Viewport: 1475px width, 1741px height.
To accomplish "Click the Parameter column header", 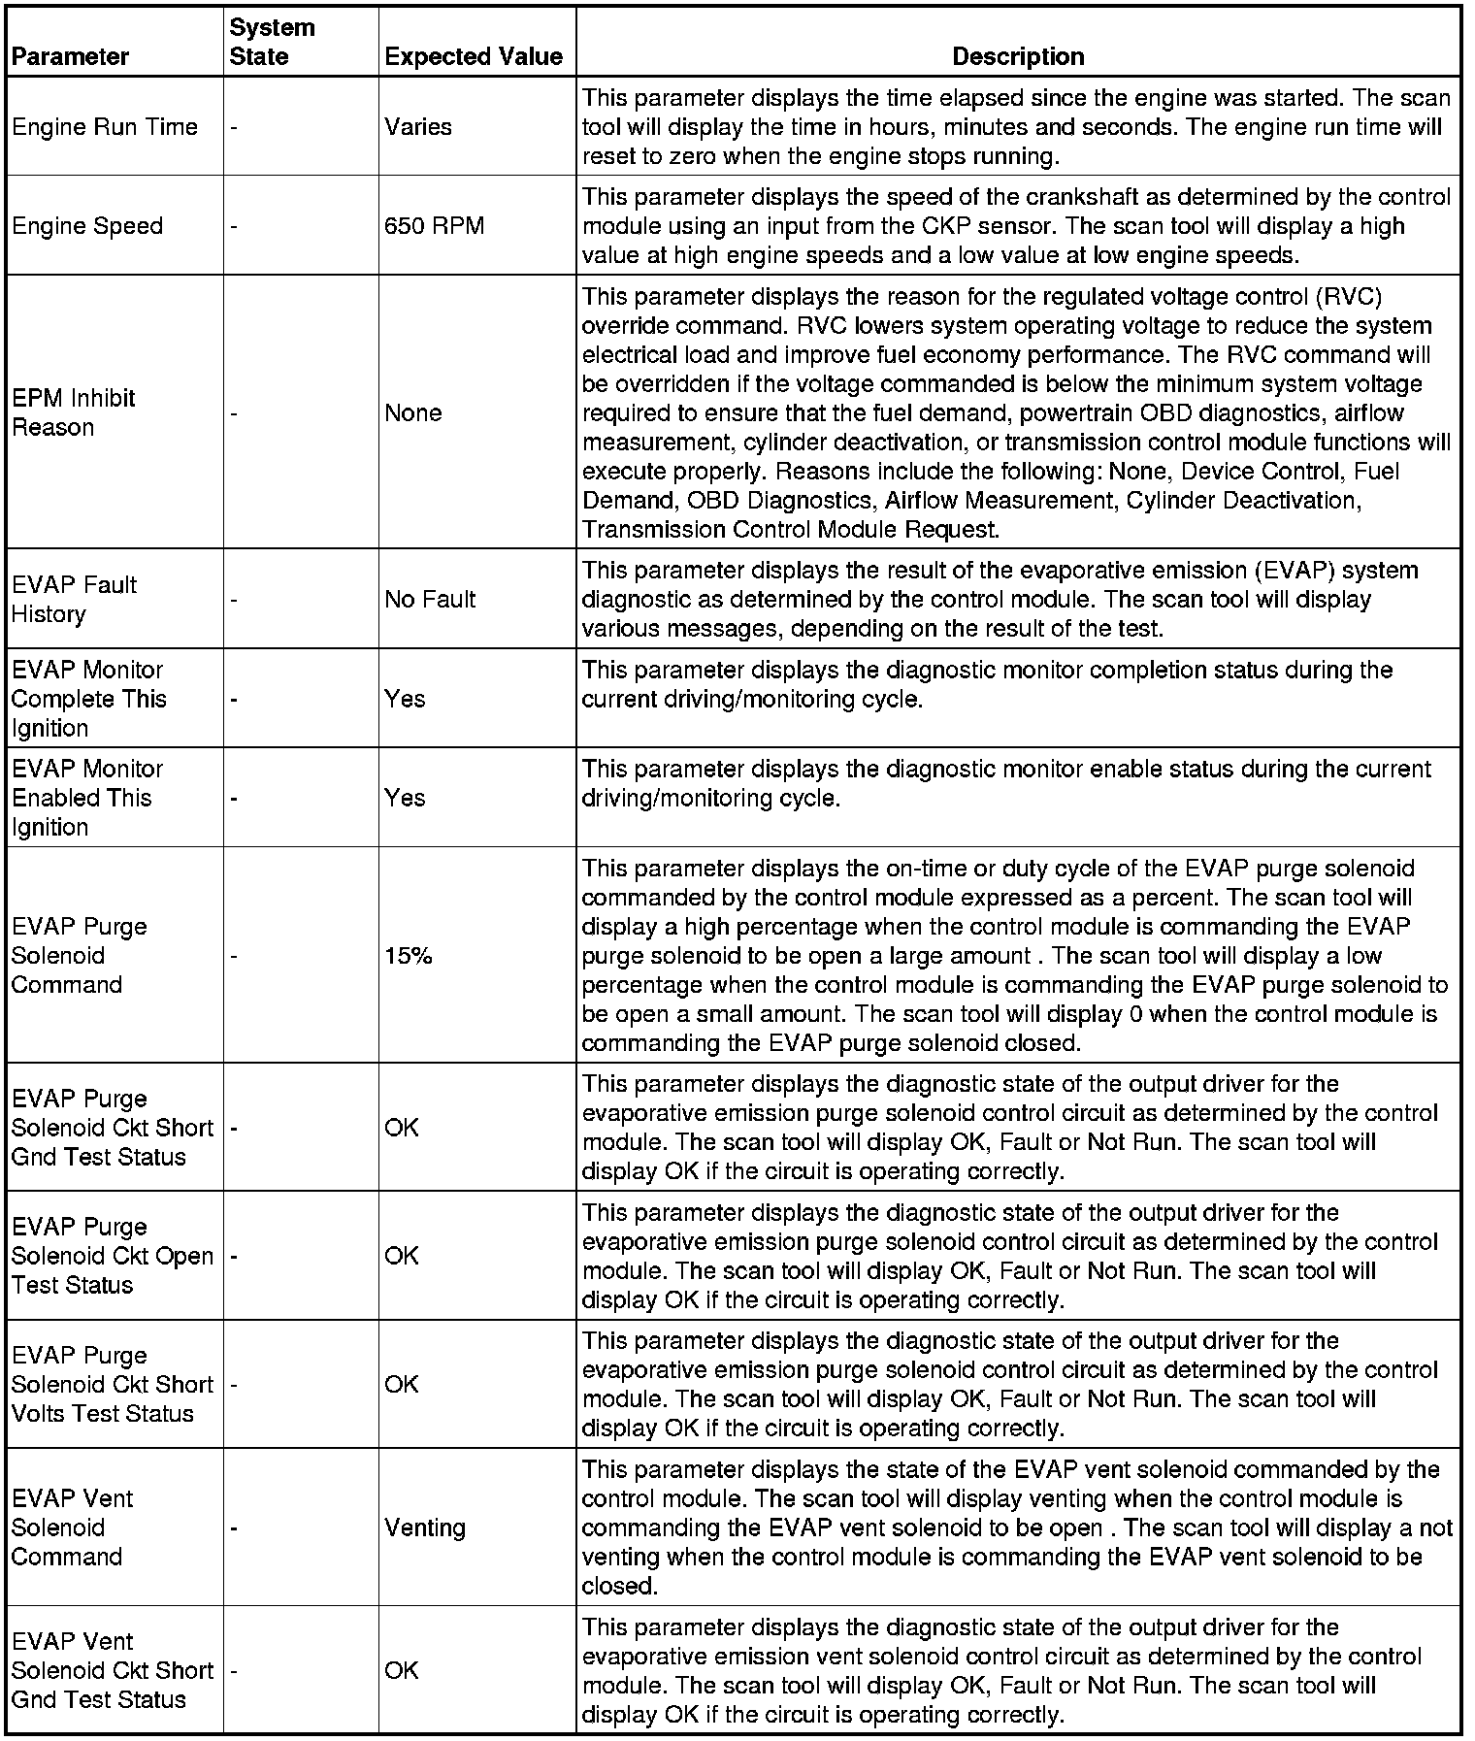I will tap(70, 56).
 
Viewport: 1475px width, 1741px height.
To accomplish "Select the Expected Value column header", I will tap(474, 56).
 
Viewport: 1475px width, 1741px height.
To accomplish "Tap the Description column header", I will tap(1018, 56).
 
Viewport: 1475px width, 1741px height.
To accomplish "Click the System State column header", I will tap(272, 42).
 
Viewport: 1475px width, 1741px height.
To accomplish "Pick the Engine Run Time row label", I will tap(105, 127).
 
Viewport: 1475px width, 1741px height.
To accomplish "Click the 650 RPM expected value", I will tap(434, 226).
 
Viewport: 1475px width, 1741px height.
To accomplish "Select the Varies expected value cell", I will tap(418, 127).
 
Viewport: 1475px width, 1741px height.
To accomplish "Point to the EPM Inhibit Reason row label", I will tap(74, 412).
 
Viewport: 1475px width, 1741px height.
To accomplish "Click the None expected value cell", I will tap(413, 412).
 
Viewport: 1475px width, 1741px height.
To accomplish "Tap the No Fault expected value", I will tap(430, 599).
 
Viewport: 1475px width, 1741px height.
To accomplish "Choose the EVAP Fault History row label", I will tap(74, 599).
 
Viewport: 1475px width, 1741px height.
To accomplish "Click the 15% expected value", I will tap(408, 956).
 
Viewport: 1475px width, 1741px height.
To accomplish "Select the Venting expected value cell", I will tap(425, 1527).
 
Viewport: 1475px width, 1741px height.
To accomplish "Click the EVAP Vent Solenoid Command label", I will tap(72, 1527).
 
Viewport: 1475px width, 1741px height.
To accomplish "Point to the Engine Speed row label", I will tap(87, 226).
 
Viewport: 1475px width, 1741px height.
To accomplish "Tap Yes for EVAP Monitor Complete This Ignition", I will tap(405, 699).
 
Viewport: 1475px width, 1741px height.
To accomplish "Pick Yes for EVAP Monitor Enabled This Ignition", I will tap(405, 798).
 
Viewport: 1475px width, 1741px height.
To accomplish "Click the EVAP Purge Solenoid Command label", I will tap(80, 956).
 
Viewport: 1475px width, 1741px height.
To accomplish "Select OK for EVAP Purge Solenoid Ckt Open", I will tap(402, 1256).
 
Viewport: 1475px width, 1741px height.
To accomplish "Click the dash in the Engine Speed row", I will tap(234, 227).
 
